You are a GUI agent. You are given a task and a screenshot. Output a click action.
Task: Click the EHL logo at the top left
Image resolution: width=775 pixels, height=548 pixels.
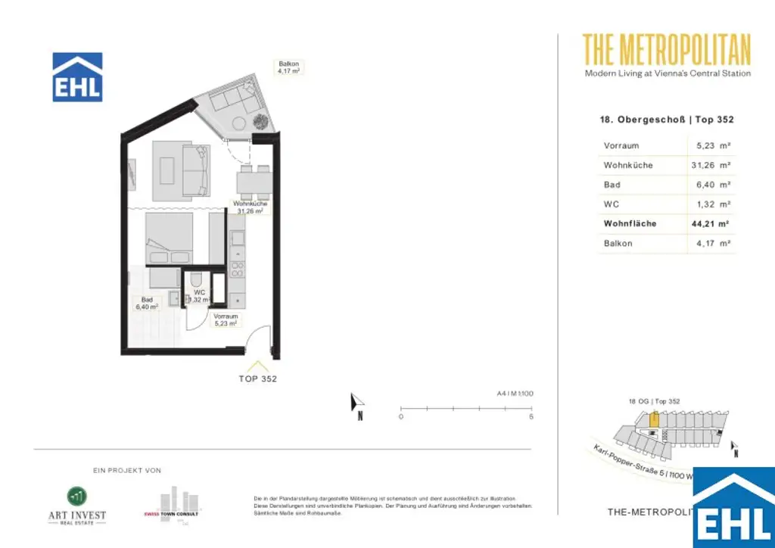[x=76, y=77]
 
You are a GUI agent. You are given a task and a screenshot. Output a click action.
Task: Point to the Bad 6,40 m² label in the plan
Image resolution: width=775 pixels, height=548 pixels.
[x=147, y=304]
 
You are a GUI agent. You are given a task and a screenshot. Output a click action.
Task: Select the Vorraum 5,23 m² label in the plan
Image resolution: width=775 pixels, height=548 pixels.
[x=226, y=319]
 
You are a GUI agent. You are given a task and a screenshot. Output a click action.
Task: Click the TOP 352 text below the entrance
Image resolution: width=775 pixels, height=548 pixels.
[x=258, y=379]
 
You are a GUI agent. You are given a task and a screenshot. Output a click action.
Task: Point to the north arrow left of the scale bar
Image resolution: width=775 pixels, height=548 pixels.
[x=357, y=405]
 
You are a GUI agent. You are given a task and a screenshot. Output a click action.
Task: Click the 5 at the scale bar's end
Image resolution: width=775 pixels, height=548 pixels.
[x=531, y=417]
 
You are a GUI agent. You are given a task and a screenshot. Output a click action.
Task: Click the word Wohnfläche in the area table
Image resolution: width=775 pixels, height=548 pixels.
[x=630, y=223]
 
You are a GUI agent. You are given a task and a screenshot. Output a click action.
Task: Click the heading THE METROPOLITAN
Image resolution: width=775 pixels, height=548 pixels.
[x=667, y=50]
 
